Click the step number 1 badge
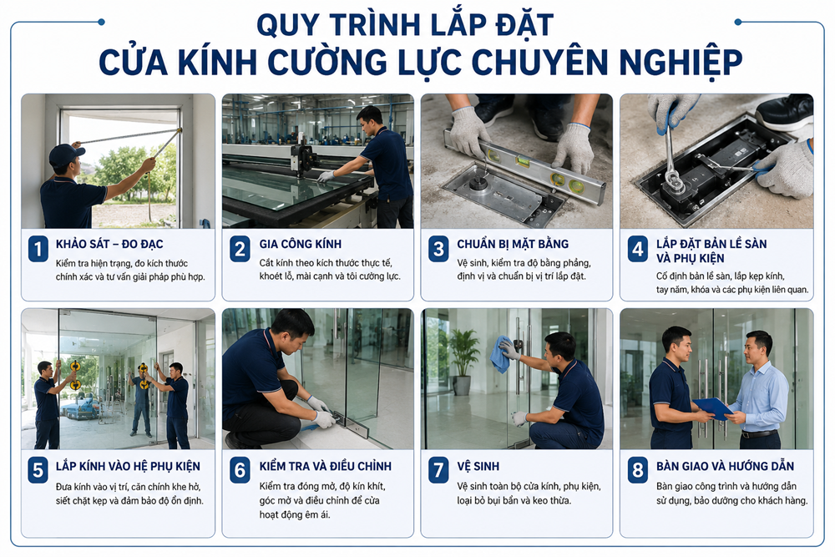[38, 249]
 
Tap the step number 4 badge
[637, 249]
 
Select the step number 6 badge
[240, 470]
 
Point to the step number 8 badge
[637, 470]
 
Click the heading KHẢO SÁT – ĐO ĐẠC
[109, 244]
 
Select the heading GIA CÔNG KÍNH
[301, 244]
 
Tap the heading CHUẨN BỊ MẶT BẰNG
[513, 244]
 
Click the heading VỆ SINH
[478, 467]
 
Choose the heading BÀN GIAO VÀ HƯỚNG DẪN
[725, 467]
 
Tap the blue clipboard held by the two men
[712, 408]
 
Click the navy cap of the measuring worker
[65, 154]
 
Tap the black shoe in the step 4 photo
[784, 112]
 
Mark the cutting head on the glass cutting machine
[304, 157]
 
